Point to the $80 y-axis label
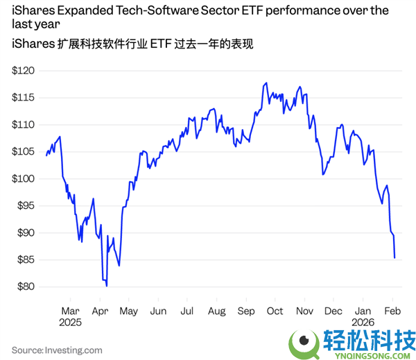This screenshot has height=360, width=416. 25,286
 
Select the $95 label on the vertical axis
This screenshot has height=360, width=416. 25,205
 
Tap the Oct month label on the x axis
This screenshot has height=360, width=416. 275,311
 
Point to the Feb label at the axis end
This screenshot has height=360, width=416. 392,311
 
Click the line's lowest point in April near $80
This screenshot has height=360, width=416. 107,285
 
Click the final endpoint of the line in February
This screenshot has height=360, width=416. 395,258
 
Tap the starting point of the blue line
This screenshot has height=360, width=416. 46,155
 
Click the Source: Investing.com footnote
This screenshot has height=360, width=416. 57,350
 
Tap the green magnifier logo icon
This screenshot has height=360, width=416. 304,341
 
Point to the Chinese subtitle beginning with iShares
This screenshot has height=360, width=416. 132,44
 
